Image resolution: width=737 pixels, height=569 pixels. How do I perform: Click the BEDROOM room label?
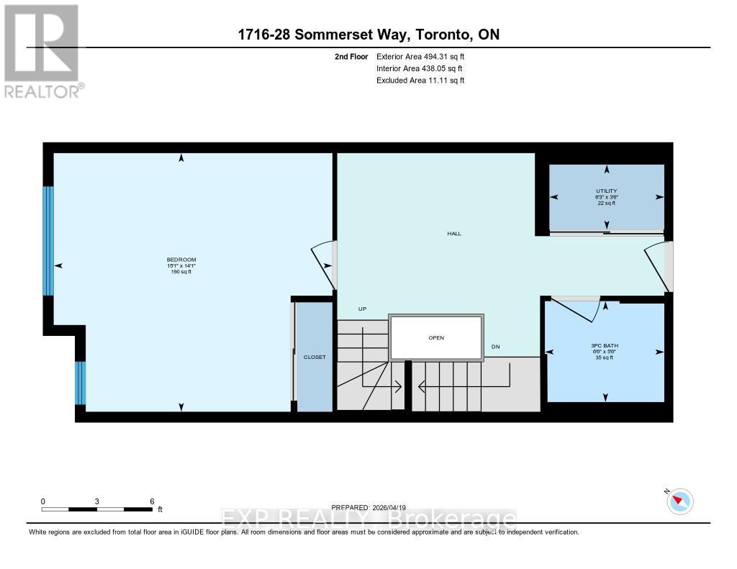(181, 260)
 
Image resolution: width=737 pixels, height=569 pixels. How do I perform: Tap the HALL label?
(453, 233)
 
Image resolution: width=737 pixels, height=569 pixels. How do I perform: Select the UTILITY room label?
(607, 191)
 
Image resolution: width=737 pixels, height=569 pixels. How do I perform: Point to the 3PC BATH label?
(605, 345)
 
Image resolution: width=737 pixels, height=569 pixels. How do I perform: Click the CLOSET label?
(315, 357)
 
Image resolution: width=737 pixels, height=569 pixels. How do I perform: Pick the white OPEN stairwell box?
(435, 337)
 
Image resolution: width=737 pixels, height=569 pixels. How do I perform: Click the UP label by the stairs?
(363, 309)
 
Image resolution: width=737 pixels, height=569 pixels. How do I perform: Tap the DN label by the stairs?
(495, 347)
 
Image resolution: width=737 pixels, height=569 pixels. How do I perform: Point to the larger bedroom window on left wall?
(48, 241)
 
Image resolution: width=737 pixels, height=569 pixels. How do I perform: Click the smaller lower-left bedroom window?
(81, 382)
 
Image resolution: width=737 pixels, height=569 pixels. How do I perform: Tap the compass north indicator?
(679, 501)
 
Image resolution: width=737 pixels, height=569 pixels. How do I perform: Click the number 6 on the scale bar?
(152, 501)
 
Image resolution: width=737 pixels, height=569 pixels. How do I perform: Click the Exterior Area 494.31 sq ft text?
(426, 56)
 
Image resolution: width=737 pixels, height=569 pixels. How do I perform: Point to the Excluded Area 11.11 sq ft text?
(420, 81)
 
